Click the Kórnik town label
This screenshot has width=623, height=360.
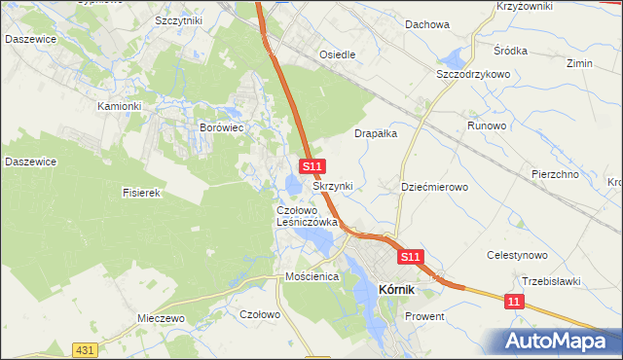397,288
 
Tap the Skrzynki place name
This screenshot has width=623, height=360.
333,185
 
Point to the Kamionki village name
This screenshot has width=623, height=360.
120,105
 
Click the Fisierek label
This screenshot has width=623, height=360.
141,193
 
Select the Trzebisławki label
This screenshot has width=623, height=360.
551,281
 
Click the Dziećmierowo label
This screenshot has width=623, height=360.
436,186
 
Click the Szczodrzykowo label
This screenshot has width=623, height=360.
474,74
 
